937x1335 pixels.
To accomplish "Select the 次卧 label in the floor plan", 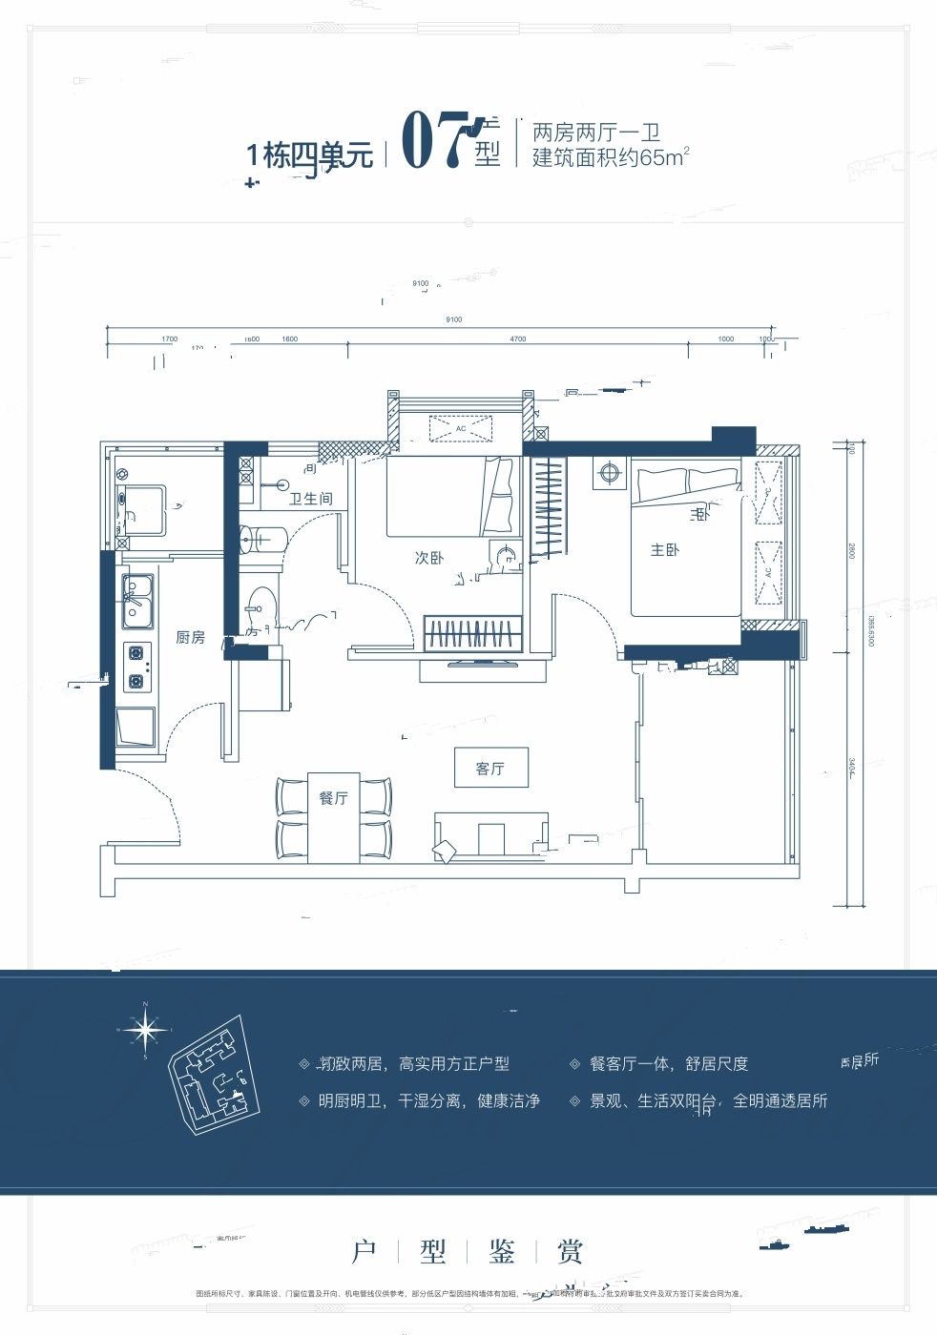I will tap(428, 558).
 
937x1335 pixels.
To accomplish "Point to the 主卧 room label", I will tap(664, 550).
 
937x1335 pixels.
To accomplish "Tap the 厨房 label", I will tap(190, 637).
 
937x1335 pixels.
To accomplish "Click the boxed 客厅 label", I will tap(490, 768).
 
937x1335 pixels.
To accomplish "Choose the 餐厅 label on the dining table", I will tap(333, 798).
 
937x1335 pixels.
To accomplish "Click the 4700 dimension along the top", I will tap(517, 339).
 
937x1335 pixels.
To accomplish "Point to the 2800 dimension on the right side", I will tap(851, 550).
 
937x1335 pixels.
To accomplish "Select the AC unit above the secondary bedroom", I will tap(461, 429).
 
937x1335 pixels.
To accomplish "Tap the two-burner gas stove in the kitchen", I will tap(136, 667).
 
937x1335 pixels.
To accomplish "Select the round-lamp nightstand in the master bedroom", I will tap(609, 472).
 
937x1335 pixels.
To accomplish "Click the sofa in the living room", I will tap(491, 835).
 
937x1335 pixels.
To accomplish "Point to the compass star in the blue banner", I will tap(145, 1030).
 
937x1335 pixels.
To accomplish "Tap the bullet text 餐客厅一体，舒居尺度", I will tap(668, 1064).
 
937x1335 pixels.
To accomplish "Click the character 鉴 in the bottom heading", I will tap(502, 1252).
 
